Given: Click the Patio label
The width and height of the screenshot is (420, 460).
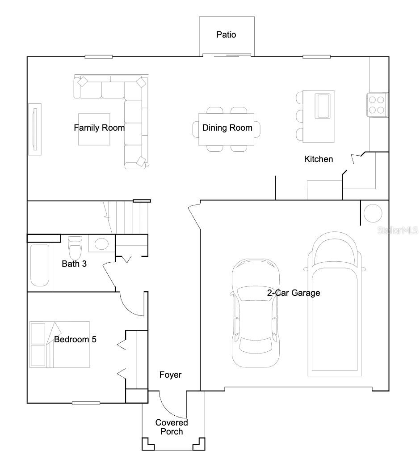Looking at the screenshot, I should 226,34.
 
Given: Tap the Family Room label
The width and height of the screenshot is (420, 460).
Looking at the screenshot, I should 99,128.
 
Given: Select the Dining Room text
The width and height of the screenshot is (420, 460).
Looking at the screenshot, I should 227,128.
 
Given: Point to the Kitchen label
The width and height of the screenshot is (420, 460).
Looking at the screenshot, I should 318,159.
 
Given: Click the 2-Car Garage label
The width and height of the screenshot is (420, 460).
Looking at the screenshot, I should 294,293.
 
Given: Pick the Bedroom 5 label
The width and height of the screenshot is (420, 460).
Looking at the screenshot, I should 75,339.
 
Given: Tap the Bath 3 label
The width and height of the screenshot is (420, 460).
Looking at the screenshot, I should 74,264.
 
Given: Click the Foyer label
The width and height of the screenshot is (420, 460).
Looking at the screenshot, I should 170,375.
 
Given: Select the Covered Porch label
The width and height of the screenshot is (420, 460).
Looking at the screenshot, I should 172,427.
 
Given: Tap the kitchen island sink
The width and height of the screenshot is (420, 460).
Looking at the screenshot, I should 324,105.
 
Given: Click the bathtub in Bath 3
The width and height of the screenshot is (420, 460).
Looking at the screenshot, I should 40,265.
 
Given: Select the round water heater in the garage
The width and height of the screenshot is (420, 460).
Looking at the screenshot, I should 373,213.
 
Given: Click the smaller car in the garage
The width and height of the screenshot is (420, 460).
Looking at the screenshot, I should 255,312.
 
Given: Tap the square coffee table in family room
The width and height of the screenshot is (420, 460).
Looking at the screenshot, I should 94,129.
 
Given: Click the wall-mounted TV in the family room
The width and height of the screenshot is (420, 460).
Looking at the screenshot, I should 34,129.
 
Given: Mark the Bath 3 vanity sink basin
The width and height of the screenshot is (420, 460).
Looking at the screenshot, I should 102,244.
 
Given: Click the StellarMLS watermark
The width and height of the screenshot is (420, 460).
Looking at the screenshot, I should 398,230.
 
